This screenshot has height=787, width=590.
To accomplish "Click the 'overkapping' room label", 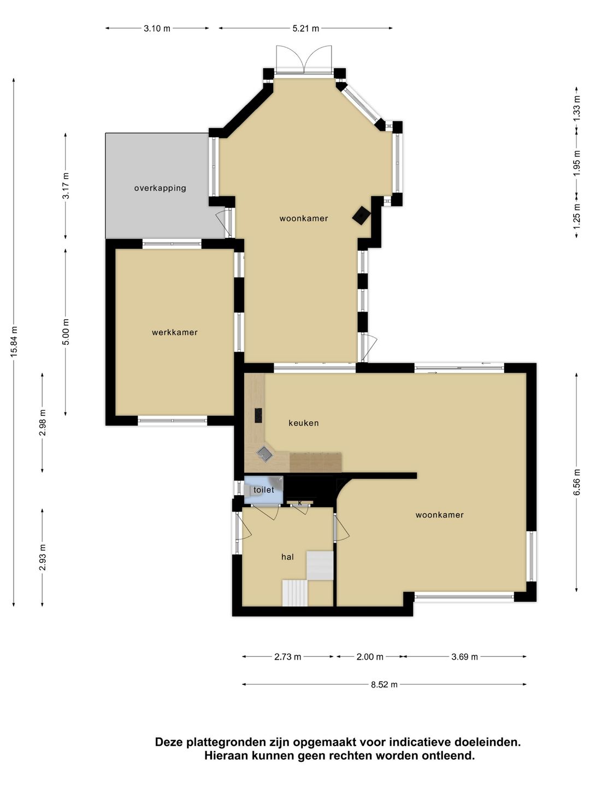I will (160, 188).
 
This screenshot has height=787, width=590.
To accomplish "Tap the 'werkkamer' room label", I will (175, 332).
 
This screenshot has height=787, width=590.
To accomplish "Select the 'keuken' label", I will (304, 423).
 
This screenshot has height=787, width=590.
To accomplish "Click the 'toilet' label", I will (264, 490).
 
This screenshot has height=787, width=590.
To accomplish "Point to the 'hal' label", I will (287, 557).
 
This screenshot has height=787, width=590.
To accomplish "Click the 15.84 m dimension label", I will (14, 342).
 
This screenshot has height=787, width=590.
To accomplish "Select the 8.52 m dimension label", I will (384, 684).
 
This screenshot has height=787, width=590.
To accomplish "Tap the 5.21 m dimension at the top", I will (305, 28).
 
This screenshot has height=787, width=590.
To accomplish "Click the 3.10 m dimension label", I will (157, 28).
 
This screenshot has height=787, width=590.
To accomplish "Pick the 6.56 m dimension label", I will (577, 482).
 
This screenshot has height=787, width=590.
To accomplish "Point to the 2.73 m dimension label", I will (287, 657).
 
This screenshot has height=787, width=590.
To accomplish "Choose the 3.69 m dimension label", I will (464, 657).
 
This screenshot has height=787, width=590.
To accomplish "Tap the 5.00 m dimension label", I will (66, 332).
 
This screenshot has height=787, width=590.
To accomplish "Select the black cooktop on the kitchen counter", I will (258, 415).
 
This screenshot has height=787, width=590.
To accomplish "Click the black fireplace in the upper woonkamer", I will (361, 215).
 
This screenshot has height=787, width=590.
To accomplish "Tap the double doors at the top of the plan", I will (304, 59).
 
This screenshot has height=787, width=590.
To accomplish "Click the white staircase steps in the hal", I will (295, 593).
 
